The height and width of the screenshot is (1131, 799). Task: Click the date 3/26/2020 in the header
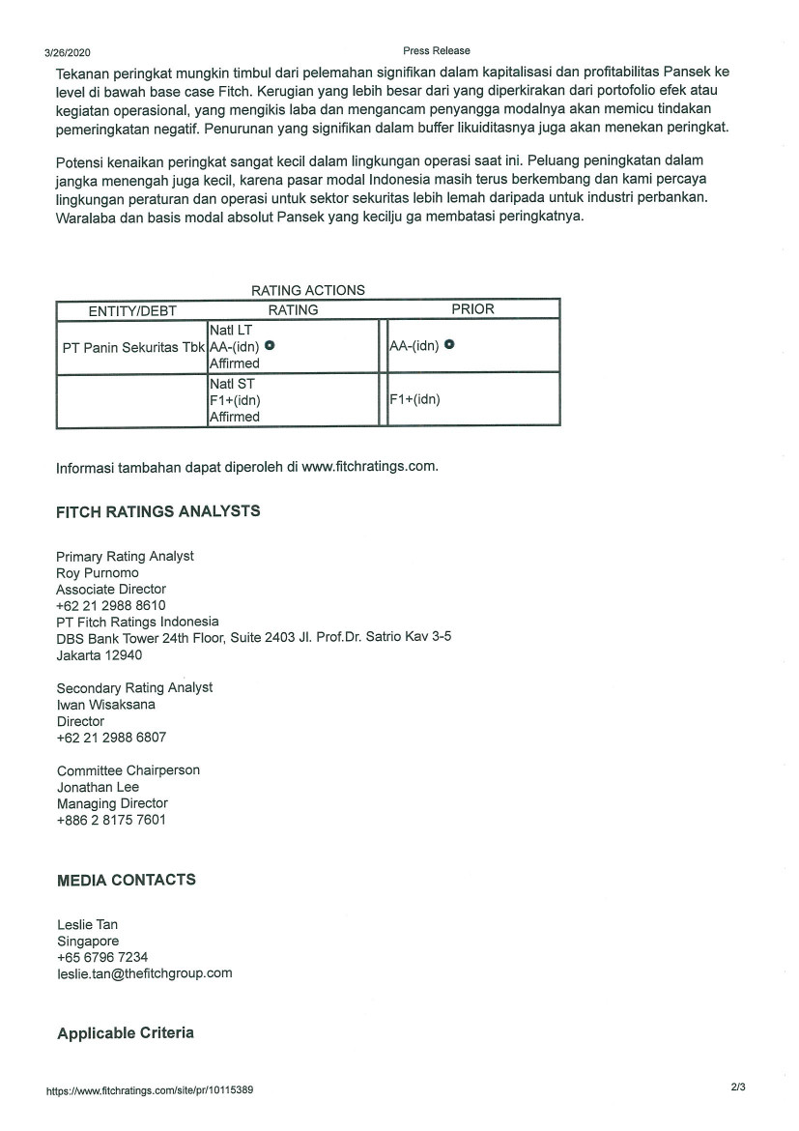68,53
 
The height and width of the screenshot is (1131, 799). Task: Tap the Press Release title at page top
437,51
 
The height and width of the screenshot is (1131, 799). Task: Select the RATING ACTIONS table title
308,290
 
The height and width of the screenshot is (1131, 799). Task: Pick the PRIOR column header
472,309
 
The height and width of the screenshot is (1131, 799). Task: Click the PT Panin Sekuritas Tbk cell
133,346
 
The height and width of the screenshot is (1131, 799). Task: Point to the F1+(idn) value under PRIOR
414,399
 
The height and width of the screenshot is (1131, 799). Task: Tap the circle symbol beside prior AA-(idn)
450,345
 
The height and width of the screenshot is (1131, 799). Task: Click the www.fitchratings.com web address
369,466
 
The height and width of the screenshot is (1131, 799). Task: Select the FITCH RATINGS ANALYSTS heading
158,511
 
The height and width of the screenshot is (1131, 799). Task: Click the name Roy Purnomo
98,572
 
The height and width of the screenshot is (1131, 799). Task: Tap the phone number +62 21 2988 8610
111,605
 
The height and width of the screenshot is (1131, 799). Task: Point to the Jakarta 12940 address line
100,654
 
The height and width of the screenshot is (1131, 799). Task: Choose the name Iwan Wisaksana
106,704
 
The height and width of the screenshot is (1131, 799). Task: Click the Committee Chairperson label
128,770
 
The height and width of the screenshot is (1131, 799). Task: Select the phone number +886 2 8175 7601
112,820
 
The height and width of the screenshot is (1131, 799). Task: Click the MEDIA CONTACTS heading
127,880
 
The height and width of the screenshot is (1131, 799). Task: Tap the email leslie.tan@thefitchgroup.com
145,973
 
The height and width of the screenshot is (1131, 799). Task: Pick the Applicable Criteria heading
126,1032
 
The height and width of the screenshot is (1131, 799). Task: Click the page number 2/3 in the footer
738,1087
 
